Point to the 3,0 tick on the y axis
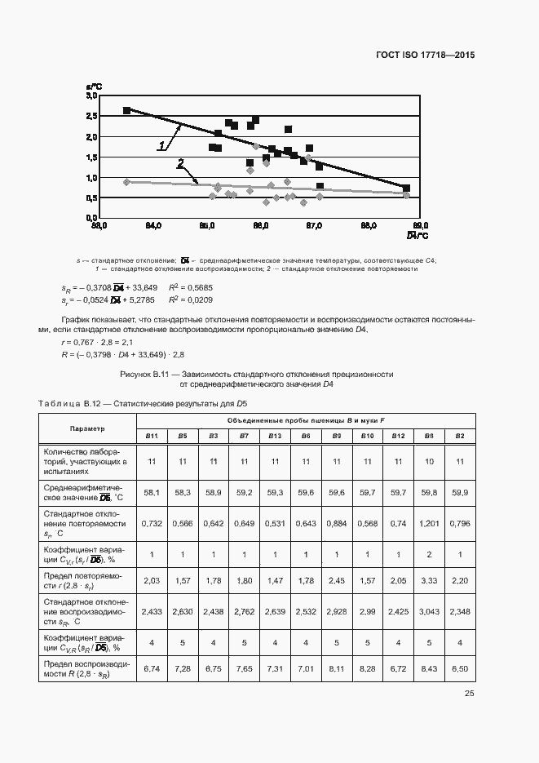click(x=91, y=96)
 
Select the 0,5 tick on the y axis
click(x=91, y=198)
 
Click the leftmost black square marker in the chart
click(x=126, y=110)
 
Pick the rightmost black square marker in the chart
click(x=406, y=188)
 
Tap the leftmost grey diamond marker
click(x=126, y=182)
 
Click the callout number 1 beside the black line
click(x=161, y=146)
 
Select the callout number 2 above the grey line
click(x=180, y=163)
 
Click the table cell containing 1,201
click(x=429, y=522)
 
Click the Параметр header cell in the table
click(x=87, y=428)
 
